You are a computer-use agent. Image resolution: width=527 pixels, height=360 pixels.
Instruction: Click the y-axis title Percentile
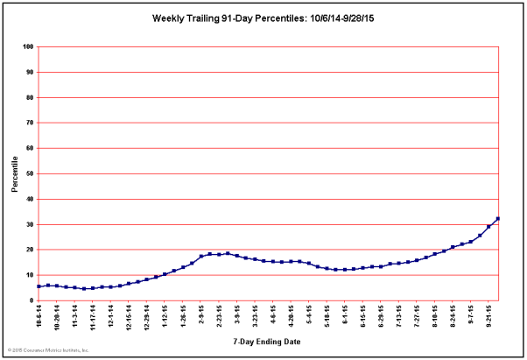[x=15, y=174]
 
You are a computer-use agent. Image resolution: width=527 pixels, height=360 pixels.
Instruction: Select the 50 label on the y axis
[x=28, y=173]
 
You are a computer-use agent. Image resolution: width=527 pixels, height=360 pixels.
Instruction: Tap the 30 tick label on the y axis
[x=28, y=224]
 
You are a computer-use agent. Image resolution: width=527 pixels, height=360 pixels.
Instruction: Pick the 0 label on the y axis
[x=31, y=300]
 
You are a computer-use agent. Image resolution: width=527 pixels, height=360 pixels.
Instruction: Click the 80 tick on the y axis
[x=28, y=97]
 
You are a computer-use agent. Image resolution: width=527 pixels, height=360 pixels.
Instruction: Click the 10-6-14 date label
[x=39, y=316]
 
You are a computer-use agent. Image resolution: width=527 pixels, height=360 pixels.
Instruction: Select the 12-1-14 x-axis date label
[x=111, y=316]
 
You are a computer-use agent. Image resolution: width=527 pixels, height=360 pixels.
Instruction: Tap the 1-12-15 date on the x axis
[x=165, y=316]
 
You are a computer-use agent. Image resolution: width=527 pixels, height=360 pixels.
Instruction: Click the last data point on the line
[x=497, y=218]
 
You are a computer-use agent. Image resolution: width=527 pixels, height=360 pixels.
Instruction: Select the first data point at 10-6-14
[x=39, y=286]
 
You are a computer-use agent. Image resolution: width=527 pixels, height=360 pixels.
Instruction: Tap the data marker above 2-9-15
[x=201, y=257]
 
